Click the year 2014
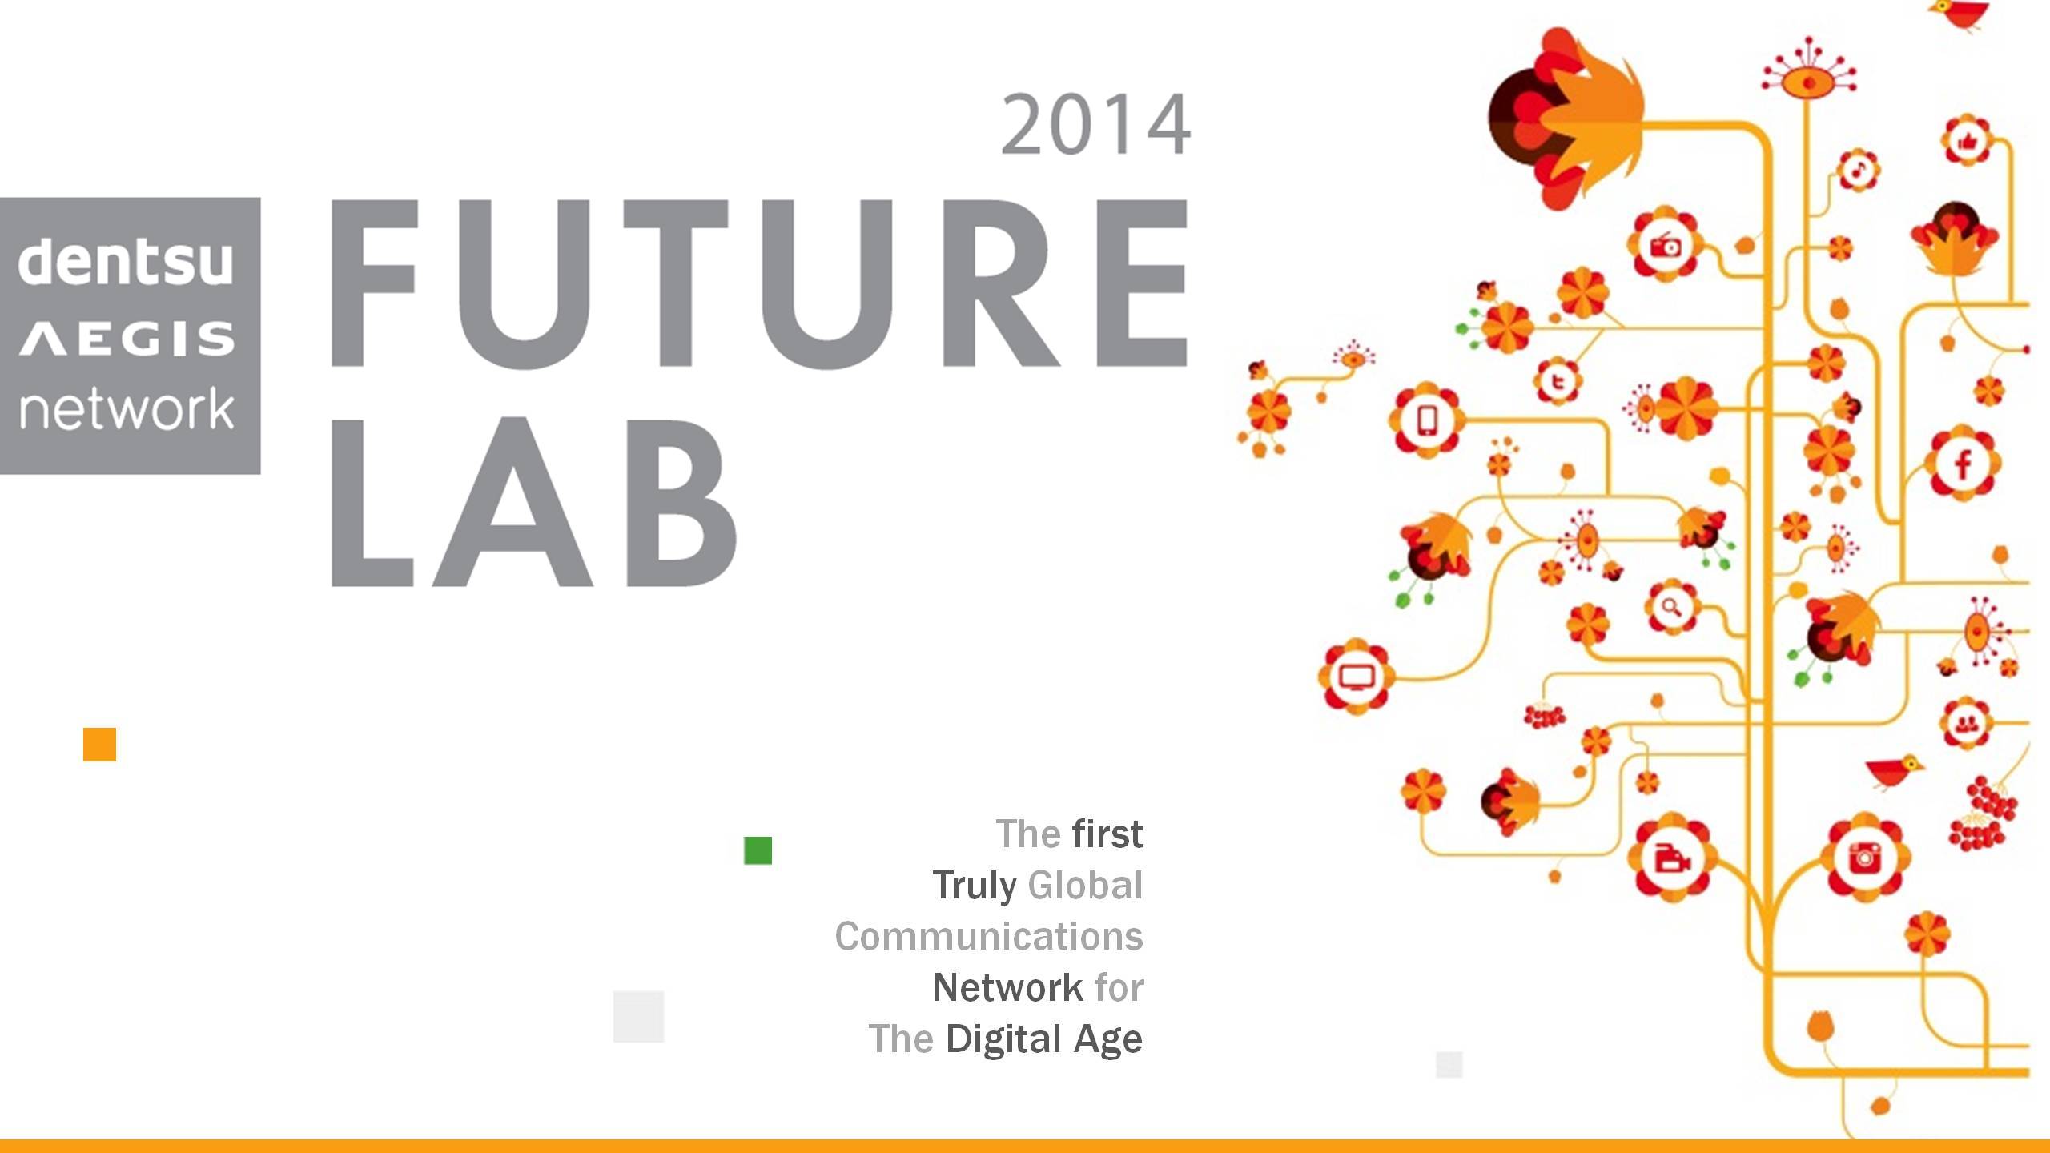tap(1095, 125)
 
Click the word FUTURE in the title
tap(759, 283)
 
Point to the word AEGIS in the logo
tap(127, 339)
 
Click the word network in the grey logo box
tap(127, 408)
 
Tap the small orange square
tap(99, 745)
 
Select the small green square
tap(758, 850)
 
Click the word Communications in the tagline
tap(989, 936)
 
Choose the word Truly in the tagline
tap(975, 886)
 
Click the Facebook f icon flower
tap(1962, 464)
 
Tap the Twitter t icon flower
tap(1558, 381)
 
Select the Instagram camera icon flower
tap(1864, 858)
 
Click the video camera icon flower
tap(1672, 858)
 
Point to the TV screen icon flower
tap(1357, 677)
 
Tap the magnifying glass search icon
tap(1671, 606)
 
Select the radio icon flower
tap(1666, 245)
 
